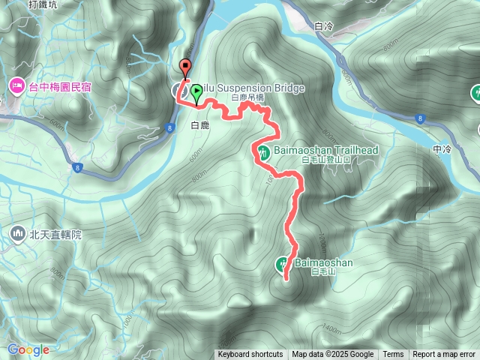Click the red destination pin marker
pos(186,66)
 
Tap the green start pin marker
pos(196,92)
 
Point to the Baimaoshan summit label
pos(323,262)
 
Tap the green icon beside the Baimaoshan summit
pos(283,263)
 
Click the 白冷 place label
pos(325,26)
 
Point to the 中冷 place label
pos(442,149)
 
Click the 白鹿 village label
pos(199,124)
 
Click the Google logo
pos(28,349)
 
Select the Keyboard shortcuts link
pos(250,355)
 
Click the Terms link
pos(393,355)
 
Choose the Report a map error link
pos(444,355)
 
